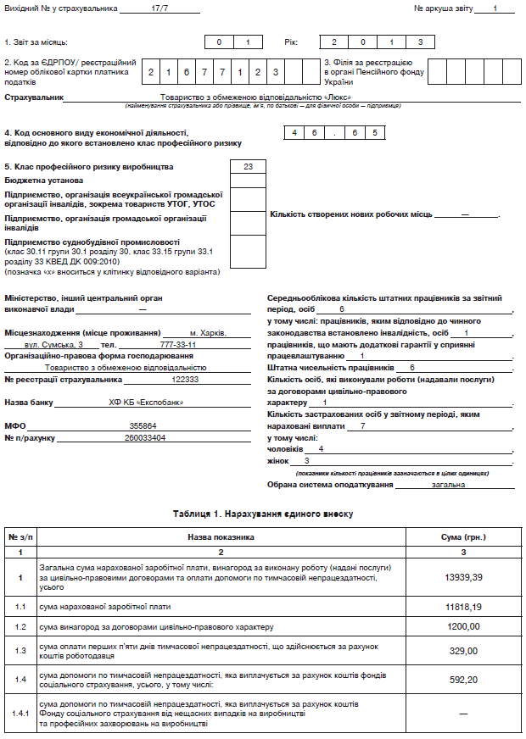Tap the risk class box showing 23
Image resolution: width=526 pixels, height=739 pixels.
(248, 166)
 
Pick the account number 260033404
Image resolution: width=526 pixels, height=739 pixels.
(145, 437)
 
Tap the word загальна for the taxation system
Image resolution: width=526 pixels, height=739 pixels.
(447, 485)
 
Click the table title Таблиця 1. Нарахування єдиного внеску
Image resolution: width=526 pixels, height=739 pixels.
(262, 514)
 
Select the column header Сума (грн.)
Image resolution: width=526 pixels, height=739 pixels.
(463, 537)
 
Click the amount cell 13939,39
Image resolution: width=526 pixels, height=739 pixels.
(463, 576)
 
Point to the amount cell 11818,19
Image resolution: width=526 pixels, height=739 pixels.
(463, 607)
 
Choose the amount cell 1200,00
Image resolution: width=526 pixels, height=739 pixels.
(463, 626)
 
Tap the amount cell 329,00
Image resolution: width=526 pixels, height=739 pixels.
(463, 650)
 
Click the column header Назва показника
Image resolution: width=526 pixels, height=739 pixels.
(221, 537)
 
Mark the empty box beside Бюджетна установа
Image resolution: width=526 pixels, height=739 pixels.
(248, 180)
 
